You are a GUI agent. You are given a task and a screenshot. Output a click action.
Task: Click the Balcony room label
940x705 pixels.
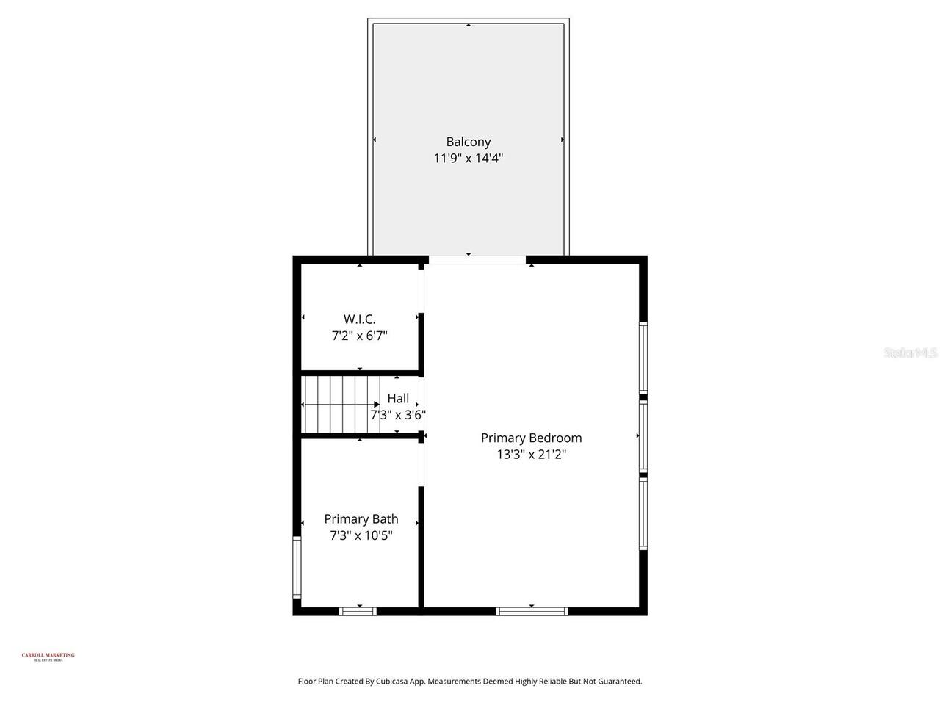tap(468, 142)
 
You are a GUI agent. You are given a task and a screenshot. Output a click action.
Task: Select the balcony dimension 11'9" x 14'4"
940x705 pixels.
tap(468, 158)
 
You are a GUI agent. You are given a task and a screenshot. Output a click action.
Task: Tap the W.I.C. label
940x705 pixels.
tap(359, 319)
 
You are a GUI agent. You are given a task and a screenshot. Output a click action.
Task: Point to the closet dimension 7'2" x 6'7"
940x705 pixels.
tap(359, 336)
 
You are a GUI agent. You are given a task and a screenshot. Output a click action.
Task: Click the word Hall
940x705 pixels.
tap(398, 399)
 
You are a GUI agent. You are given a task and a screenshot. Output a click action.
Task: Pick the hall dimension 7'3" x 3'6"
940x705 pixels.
tap(398, 415)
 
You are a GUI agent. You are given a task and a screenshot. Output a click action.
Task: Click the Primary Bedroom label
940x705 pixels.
tap(531, 438)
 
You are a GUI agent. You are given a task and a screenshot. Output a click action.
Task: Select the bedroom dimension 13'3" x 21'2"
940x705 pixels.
tap(531, 455)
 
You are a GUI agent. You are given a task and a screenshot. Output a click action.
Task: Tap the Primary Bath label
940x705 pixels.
tap(361, 519)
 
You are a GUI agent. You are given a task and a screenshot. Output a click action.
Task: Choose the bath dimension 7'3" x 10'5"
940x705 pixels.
tap(361, 535)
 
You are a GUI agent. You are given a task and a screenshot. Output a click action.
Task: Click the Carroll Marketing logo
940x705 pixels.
tap(48, 657)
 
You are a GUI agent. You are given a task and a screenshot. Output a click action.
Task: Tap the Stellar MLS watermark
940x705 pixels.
tap(910, 353)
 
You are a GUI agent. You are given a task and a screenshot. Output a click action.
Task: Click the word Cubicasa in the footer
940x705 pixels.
tap(393, 681)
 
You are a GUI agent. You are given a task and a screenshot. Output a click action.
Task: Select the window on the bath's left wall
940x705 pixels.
tap(297, 566)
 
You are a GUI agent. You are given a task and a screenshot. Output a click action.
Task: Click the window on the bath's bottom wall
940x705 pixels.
tap(358, 611)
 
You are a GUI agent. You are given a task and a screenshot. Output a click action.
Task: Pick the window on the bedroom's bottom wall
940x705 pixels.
tap(532, 611)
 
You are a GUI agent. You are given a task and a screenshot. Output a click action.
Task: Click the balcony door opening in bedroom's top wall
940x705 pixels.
tap(477, 259)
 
